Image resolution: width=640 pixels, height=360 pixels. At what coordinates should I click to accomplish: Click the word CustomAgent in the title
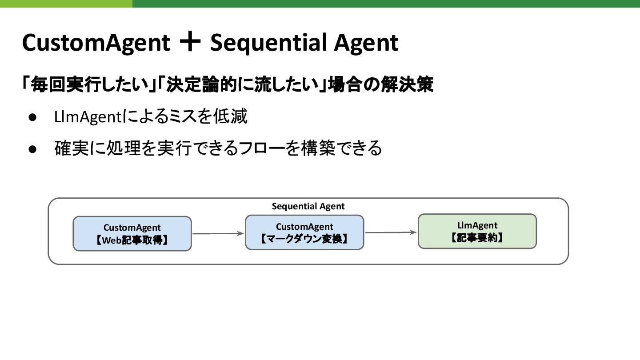click(x=96, y=43)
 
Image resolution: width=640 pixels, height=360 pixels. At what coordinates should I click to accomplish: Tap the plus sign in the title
click(x=190, y=43)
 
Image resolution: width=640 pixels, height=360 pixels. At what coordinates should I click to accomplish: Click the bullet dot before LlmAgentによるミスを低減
click(x=32, y=118)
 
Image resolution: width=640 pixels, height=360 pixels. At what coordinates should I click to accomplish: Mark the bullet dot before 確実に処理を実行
click(x=32, y=148)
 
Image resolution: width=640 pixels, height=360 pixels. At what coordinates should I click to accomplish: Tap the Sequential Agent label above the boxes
click(x=308, y=206)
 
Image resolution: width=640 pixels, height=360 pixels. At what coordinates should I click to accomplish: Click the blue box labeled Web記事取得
click(x=132, y=234)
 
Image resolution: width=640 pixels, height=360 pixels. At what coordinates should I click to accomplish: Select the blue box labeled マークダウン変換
click(x=304, y=232)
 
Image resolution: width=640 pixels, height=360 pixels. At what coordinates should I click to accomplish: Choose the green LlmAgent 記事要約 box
click(x=477, y=231)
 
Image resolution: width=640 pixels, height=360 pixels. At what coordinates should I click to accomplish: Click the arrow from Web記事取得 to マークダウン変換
click(x=218, y=233)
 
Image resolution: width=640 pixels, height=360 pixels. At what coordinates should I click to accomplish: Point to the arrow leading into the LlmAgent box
click(x=391, y=232)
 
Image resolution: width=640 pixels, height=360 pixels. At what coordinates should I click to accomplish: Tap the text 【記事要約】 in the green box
click(x=477, y=238)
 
